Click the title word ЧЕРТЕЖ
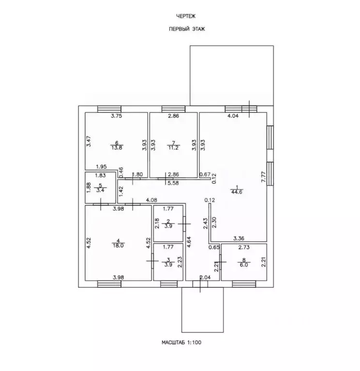[x=186, y=16]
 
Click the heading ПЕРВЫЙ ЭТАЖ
[x=187, y=29]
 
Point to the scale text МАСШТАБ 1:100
[x=181, y=342]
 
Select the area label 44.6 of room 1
[x=237, y=192]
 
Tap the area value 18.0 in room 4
[x=118, y=245]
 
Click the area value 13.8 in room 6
[x=117, y=148]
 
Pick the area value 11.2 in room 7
[x=174, y=148]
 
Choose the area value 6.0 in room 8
[x=244, y=265]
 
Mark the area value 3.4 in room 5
[x=100, y=190]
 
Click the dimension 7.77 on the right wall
[x=264, y=177]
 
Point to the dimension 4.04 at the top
[x=233, y=116]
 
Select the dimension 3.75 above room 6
[x=117, y=116]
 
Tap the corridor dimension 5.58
[x=173, y=183]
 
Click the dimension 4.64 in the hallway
[x=189, y=242]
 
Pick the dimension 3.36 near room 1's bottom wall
[x=239, y=238]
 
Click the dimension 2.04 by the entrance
[x=205, y=277]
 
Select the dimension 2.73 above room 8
[x=244, y=248]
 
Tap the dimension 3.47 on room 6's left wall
[x=89, y=141]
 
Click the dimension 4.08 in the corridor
[x=151, y=200]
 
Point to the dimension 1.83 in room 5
[x=100, y=176]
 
